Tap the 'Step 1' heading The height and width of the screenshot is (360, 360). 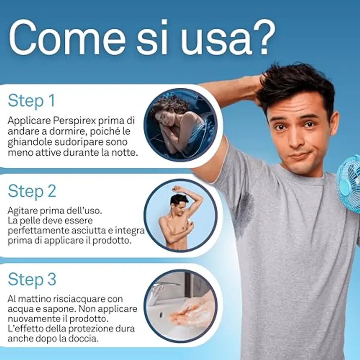[x=31, y=100]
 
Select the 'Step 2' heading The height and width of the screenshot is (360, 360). [x=32, y=191]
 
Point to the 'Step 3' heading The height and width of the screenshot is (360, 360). [x=32, y=279]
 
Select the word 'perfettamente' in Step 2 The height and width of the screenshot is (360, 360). [x=36, y=231]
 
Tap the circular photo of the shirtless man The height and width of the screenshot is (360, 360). [x=180, y=216]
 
